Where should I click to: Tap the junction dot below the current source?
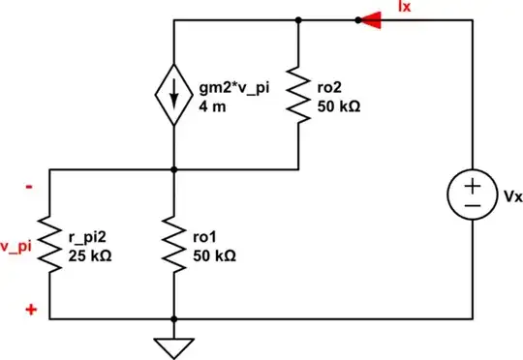click(172, 169)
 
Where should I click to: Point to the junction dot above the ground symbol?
click(172, 319)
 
